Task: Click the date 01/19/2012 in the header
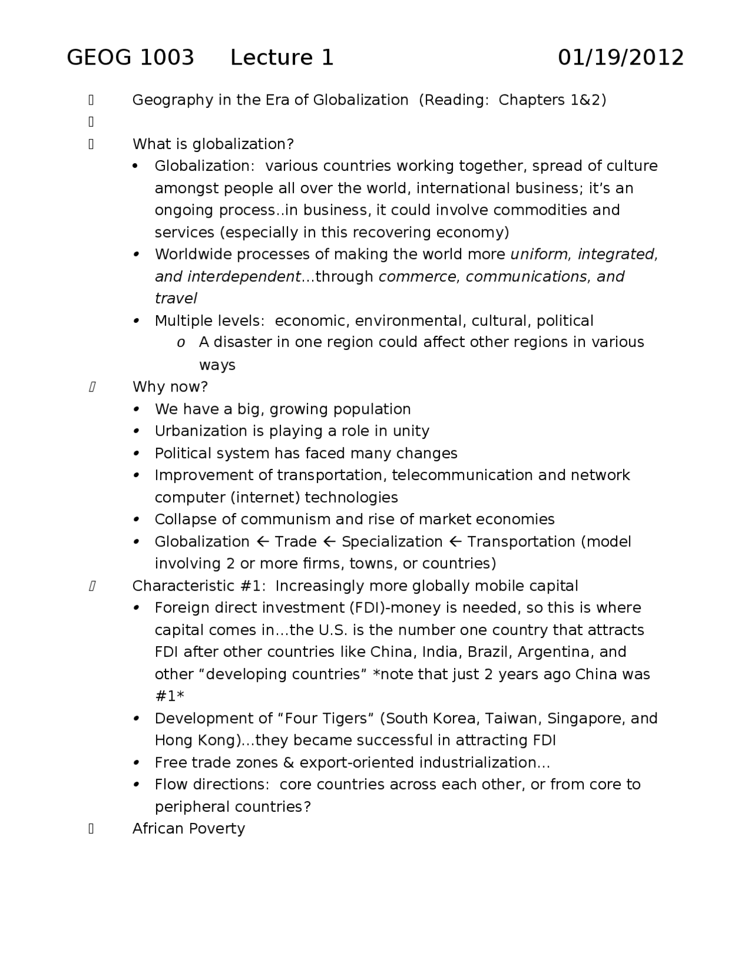click(x=621, y=58)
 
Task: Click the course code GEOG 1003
click(x=130, y=58)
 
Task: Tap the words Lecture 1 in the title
click(x=282, y=58)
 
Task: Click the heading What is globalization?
click(x=213, y=144)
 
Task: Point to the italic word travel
click(x=175, y=298)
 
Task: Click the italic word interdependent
click(x=243, y=276)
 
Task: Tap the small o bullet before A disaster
click(x=181, y=343)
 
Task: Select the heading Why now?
click(x=170, y=387)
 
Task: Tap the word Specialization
click(x=392, y=542)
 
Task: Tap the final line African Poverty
click(x=188, y=828)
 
